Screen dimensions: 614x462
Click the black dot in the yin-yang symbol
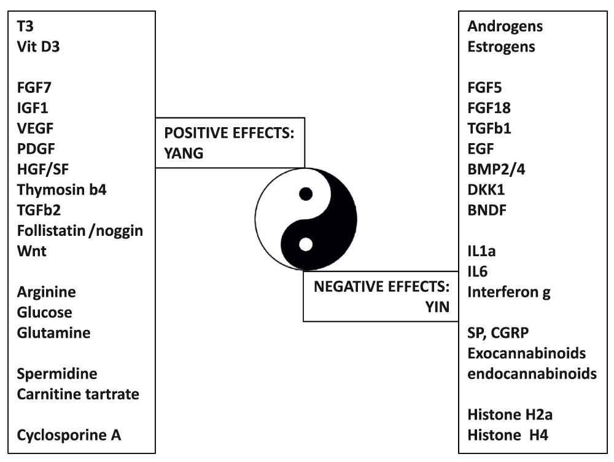tap(306, 194)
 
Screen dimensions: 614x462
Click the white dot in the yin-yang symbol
tap(306, 245)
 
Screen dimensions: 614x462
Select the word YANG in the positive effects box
tap(184, 153)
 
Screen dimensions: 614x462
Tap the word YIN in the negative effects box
tap(437, 307)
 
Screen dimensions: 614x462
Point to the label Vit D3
tap(38, 47)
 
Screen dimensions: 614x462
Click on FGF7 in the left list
tap(34, 87)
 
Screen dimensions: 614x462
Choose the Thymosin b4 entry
tap(62, 190)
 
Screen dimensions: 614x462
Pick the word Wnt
tap(32, 251)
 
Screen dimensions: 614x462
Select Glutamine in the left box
tap(53, 333)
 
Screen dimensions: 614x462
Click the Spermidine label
tap(57, 374)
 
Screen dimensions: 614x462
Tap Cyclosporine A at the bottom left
tap(69, 435)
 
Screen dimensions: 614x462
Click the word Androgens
tap(505, 26)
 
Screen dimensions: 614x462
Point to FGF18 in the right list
tap(489, 108)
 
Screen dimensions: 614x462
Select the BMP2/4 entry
tap(496, 170)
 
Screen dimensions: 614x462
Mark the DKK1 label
tap(486, 190)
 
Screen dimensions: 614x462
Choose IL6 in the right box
tap(477, 271)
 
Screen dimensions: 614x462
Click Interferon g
tap(509, 292)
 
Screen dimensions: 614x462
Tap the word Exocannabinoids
tap(527, 353)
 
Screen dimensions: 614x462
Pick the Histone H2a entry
tap(510, 415)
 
